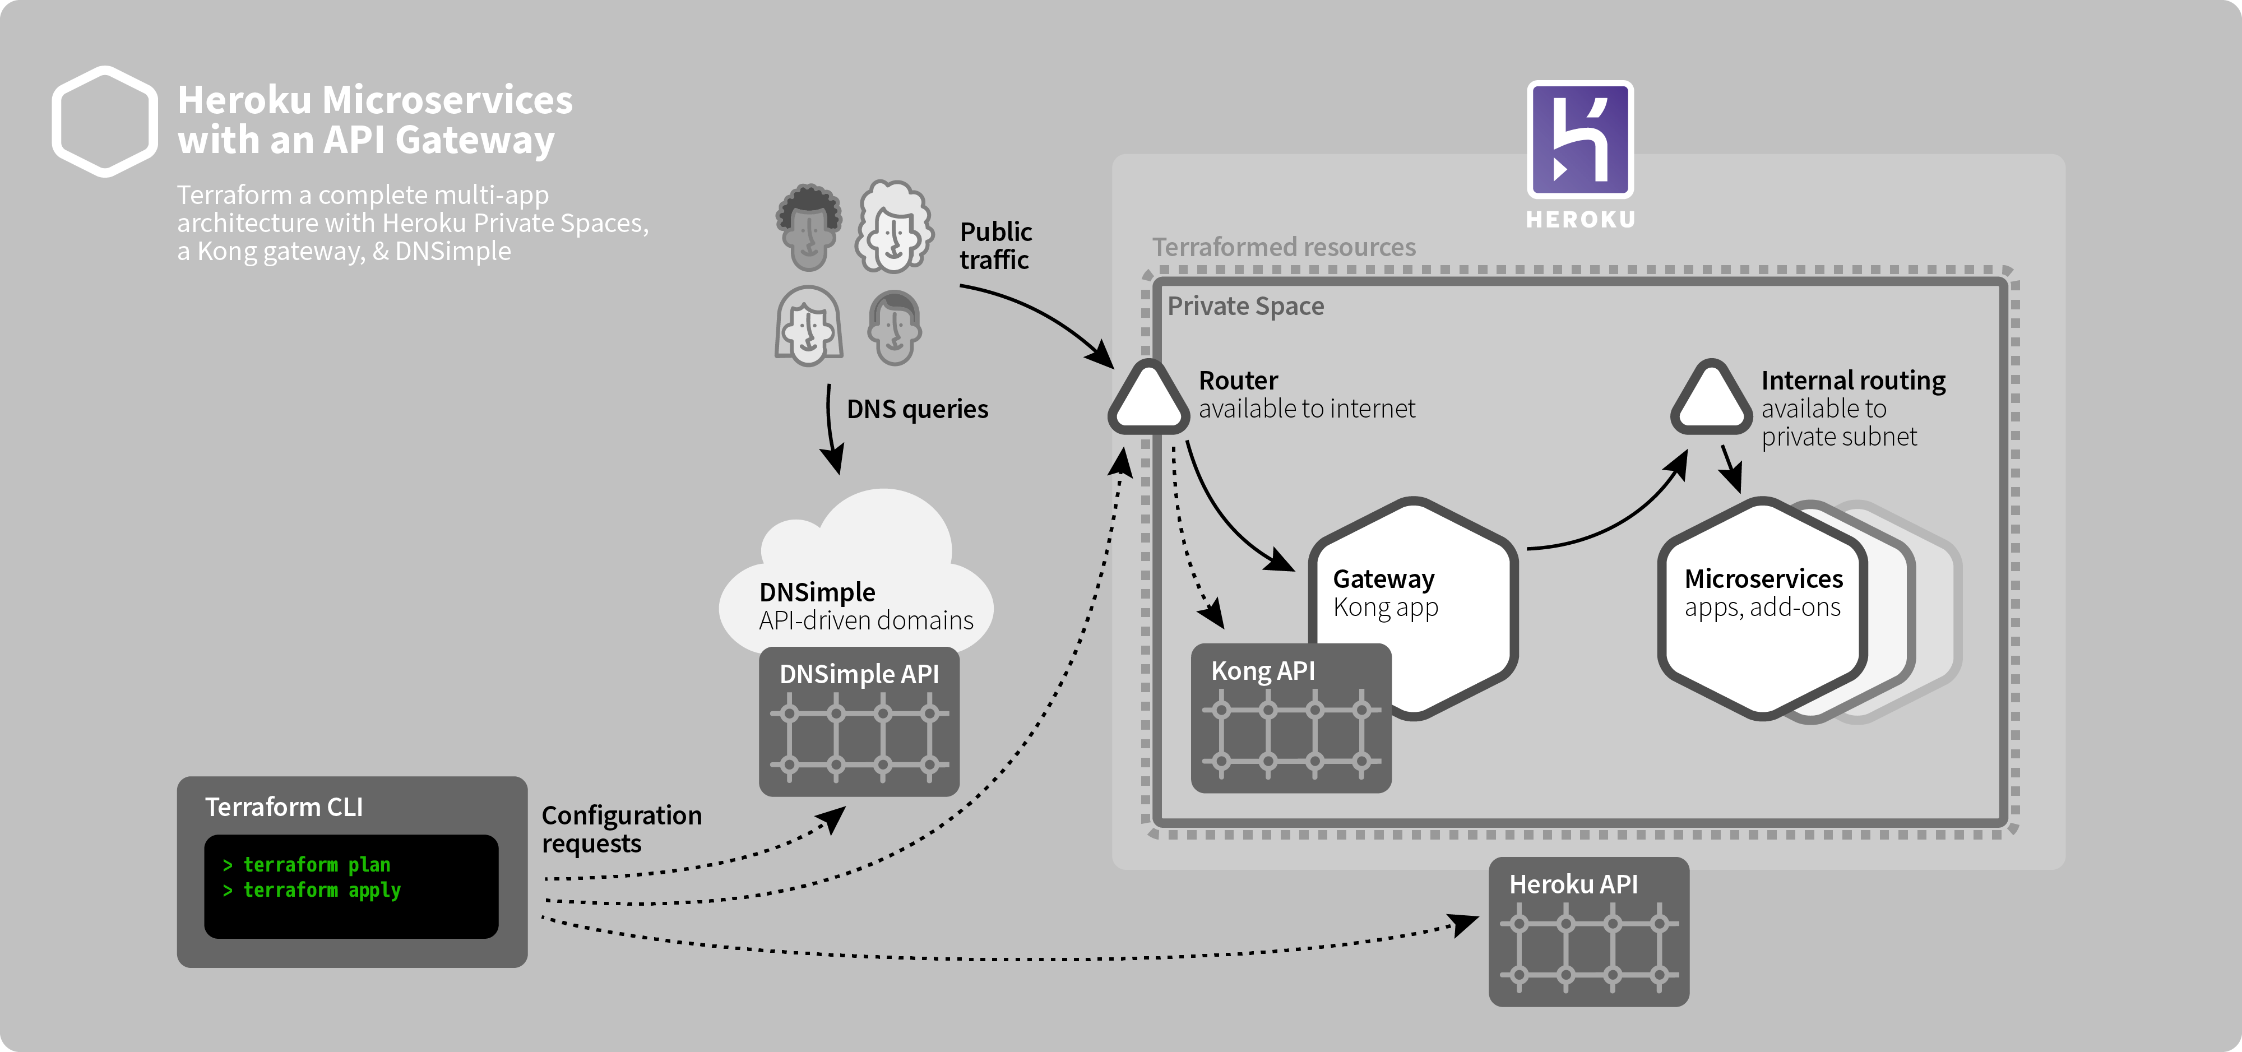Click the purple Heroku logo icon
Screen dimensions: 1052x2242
[x=1579, y=139]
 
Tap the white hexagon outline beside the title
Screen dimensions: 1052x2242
[x=104, y=122]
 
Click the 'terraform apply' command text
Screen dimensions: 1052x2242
[x=321, y=890]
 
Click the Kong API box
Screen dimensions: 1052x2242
[x=1291, y=718]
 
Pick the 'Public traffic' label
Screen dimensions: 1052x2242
[x=995, y=245]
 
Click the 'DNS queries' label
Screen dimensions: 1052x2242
[x=918, y=409]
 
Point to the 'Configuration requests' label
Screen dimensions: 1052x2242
[x=622, y=829]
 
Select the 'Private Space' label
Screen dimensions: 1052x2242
[x=1245, y=306]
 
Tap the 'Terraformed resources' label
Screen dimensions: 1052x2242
[x=1284, y=247]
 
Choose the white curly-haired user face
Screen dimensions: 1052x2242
[x=894, y=226]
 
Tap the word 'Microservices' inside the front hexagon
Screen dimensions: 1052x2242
[x=1763, y=578]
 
